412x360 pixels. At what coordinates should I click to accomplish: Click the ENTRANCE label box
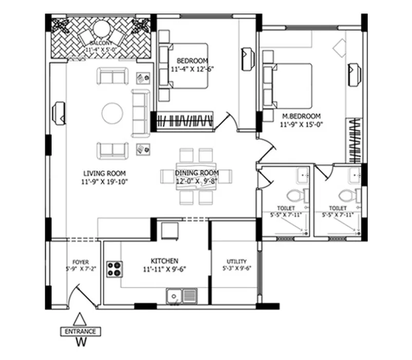click(81, 331)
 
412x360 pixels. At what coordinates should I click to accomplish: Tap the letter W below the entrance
click(81, 341)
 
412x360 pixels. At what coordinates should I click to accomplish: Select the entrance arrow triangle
click(80, 319)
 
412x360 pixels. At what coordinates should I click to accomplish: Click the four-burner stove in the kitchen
click(115, 269)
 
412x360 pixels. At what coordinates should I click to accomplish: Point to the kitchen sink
click(181, 296)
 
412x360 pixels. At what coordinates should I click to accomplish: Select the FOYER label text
click(81, 262)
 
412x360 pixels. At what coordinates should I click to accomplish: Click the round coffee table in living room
click(112, 113)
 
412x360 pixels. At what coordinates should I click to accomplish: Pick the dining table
click(196, 176)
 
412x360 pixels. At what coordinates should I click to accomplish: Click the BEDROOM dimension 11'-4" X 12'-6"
click(193, 69)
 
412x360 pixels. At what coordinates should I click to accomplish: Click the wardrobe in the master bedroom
click(353, 141)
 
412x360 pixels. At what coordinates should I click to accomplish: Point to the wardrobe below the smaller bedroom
click(185, 121)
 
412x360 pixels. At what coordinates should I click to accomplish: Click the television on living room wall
click(59, 114)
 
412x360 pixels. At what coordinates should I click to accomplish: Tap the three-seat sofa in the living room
click(141, 113)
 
